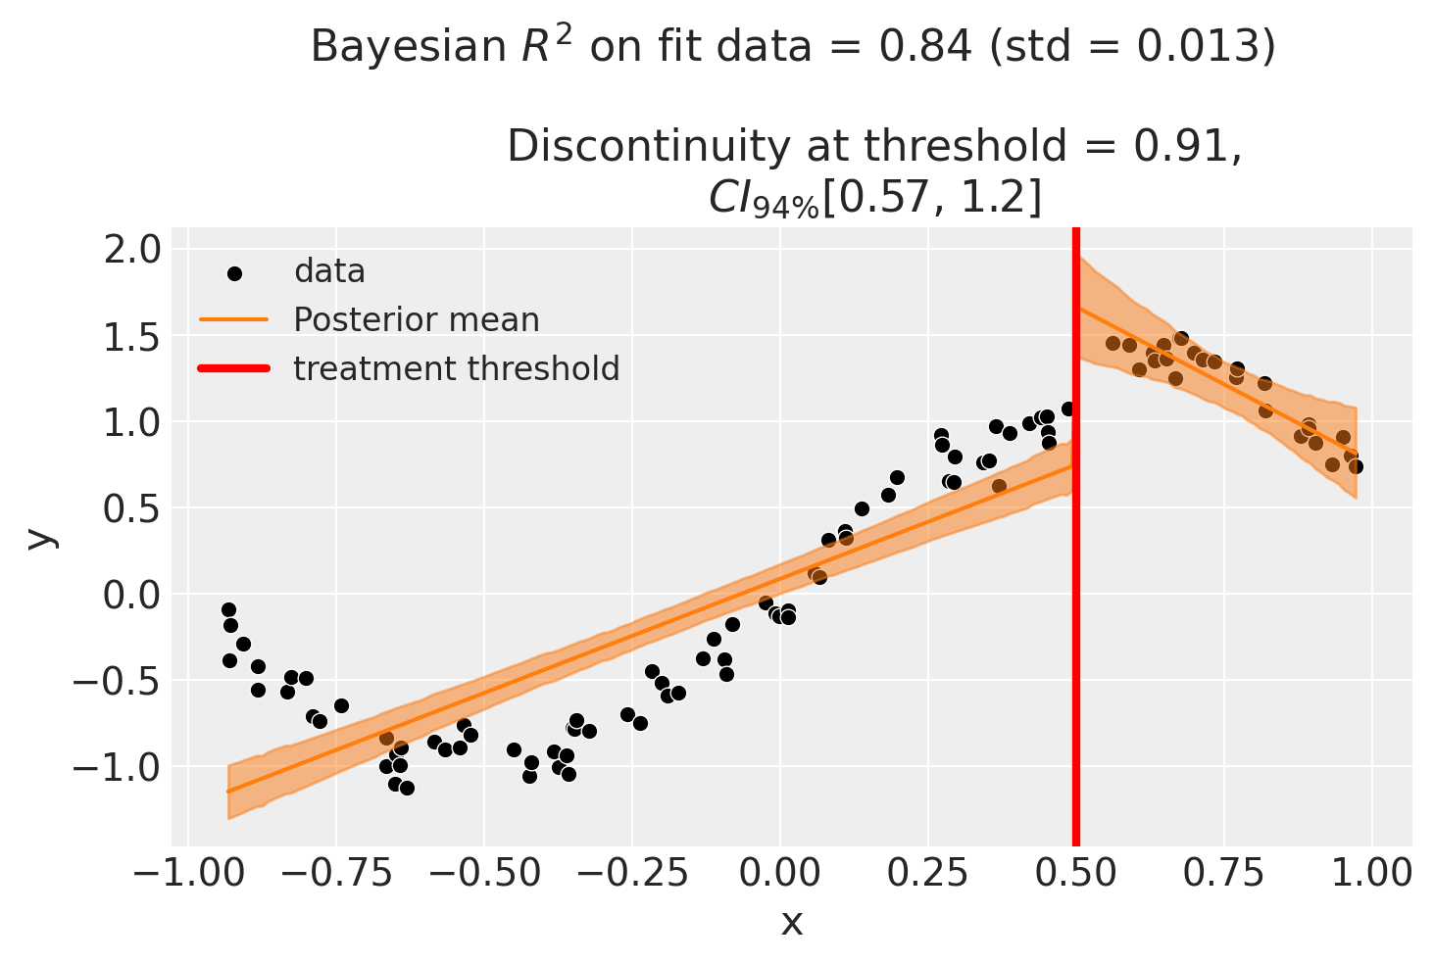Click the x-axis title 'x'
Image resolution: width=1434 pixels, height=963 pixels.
792,922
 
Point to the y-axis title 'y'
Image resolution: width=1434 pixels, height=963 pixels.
40,537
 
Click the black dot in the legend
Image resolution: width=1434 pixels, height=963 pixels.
234,272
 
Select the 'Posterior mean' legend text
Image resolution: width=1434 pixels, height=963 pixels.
417,320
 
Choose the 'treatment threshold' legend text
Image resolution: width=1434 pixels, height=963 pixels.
457,368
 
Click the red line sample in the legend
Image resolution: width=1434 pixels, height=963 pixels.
234,368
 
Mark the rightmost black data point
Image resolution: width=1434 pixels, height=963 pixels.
1356,466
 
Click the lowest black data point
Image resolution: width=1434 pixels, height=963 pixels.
407,788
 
